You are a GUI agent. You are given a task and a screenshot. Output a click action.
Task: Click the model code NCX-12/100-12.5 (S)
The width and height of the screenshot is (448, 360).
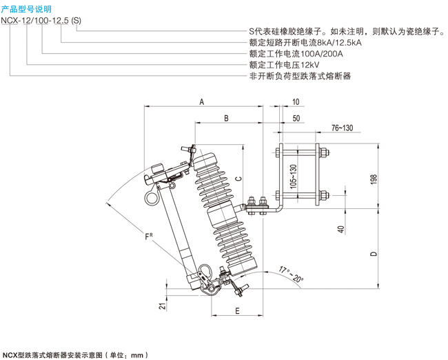pyautogui.click(x=42, y=20)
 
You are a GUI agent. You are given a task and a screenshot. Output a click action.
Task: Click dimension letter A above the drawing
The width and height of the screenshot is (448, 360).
pyautogui.click(x=202, y=102)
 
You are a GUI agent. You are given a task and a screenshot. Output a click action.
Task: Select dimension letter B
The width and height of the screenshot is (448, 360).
pyautogui.click(x=225, y=119)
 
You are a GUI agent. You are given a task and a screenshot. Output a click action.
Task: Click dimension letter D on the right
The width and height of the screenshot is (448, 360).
pyautogui.click(x=373, y=253)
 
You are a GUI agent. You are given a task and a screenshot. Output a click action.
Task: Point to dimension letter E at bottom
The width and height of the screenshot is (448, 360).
pyautogui.click(x=236, y=311)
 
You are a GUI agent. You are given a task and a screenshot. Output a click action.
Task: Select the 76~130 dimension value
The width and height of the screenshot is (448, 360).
pyautogui.click(x=341, y=128)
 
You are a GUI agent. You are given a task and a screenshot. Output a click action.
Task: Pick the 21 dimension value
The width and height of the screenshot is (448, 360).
pyautogui.click(x=162, y=306)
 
